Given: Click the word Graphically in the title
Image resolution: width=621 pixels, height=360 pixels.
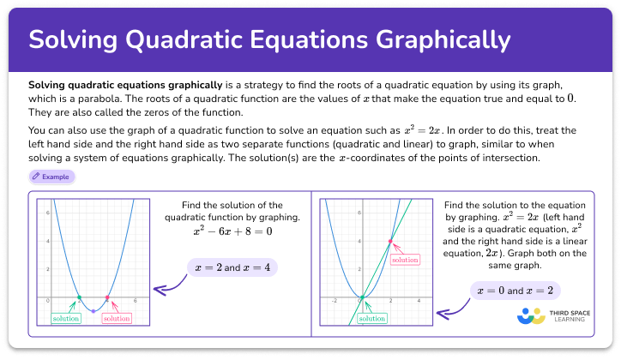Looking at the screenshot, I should [437, 39].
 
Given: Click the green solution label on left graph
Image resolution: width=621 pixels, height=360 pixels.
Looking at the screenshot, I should [65, 318].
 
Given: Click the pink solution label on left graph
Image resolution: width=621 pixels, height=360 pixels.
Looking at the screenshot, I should [117, 318].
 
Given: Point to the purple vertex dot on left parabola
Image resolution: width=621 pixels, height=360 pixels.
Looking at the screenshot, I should [93, 312].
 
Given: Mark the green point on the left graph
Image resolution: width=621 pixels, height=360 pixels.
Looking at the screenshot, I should [79, 298].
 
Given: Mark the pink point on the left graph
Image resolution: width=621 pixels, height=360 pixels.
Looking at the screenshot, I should [107, 298].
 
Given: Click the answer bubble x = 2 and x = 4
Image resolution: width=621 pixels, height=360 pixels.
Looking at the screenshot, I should [232, 267].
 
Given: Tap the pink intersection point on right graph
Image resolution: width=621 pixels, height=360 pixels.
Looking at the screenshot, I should [390, 242].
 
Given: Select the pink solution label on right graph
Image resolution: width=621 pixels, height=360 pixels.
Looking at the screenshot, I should [404, 259].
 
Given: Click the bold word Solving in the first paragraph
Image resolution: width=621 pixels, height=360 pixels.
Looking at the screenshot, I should [50, 87].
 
